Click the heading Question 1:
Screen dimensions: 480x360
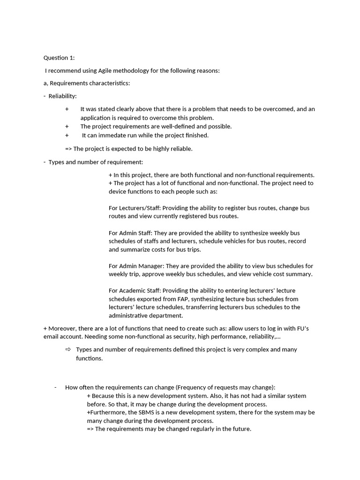pyautogui.click(x=59, y=58)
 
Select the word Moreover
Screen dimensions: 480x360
pyautogui.click(x=61, y=329)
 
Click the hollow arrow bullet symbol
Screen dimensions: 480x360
pyautogui.click(x=68, y=349)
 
